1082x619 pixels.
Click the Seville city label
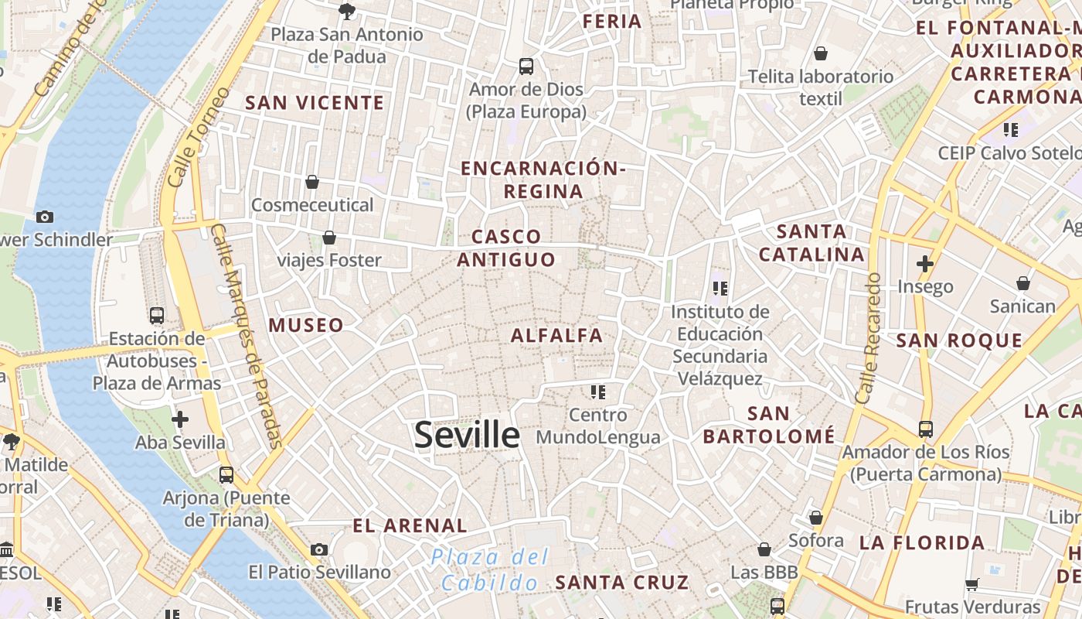tap(467, 435)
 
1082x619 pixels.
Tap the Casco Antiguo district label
tap(506, 248)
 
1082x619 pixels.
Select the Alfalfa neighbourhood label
tap(556, 335)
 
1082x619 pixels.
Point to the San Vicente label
tap(315, 103)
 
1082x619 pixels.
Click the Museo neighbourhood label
tap(306, 325)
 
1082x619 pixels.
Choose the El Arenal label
tap(410, 526)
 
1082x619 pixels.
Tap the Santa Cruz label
tap(622, 582)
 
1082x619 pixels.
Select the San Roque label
tap(959, 340)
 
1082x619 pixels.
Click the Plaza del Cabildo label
tap(490, 569)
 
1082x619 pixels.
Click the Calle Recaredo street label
tap(869, 337)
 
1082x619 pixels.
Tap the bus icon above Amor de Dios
tap(526, 67)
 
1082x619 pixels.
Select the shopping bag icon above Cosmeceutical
tap(312, 182)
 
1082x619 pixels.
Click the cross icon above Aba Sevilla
tap(180, 419)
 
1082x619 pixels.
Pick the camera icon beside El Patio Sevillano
tap(319, 549)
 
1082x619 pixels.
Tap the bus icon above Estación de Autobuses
tap(157, 316)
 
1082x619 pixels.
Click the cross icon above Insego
tap(925, 264)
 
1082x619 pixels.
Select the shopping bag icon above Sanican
tap(1023, 283)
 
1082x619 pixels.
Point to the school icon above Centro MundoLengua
tap(597, 392)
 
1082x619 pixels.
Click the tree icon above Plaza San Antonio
tap(347, 11)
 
